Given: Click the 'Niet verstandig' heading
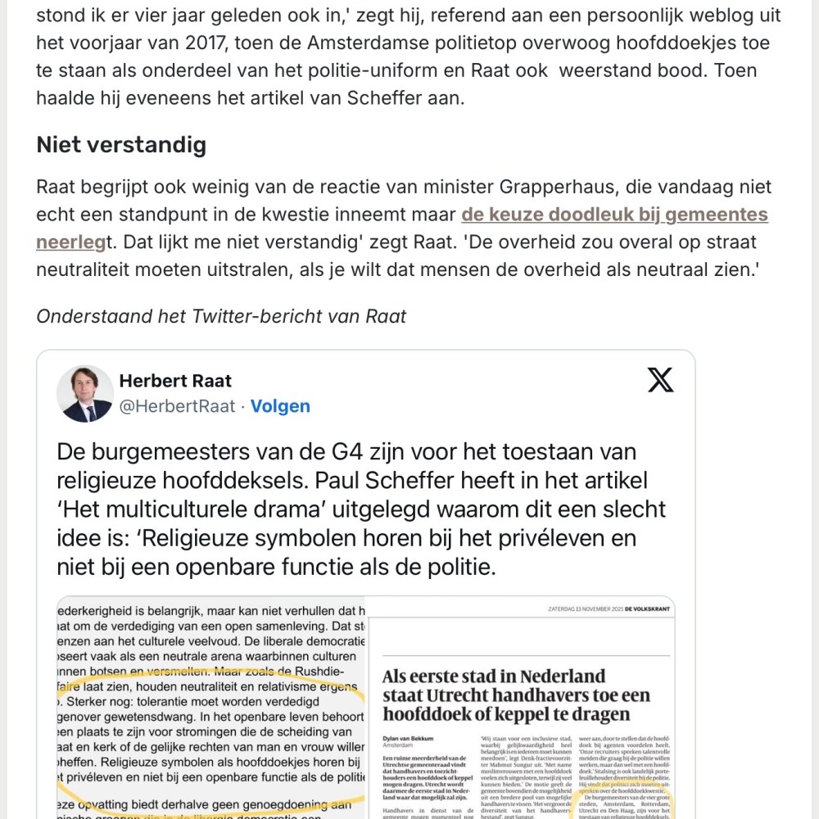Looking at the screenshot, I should [121, 145].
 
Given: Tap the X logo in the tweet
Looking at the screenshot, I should [660, 380].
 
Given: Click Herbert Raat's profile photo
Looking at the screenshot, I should [85, 393].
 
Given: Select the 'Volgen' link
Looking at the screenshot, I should [280, 405].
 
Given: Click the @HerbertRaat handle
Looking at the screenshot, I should [177, 405].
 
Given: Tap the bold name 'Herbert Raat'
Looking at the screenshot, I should [175, 381].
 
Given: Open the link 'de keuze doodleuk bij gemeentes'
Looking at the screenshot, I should [614, 215].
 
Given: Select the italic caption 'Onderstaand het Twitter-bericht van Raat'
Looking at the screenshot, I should [221, 315].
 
